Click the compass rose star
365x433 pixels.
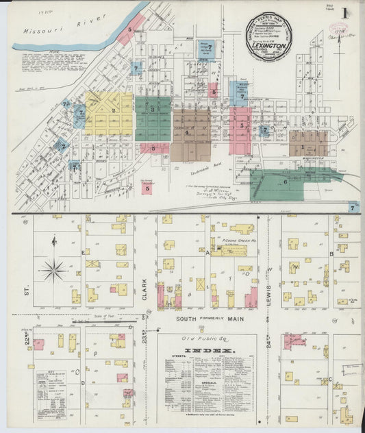53,269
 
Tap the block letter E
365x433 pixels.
84,253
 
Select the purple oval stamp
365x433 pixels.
338,28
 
